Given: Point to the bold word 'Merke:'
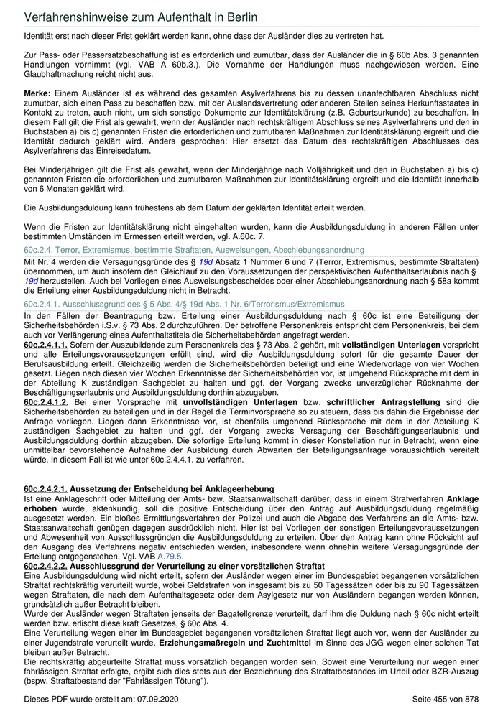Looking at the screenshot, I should pyautogui.click(x=37, y=94).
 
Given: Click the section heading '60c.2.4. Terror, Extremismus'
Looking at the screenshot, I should pyautogui.click(x=194, y=250).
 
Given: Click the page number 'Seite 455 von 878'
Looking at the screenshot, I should pyautogui.click(x=446, y=698).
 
